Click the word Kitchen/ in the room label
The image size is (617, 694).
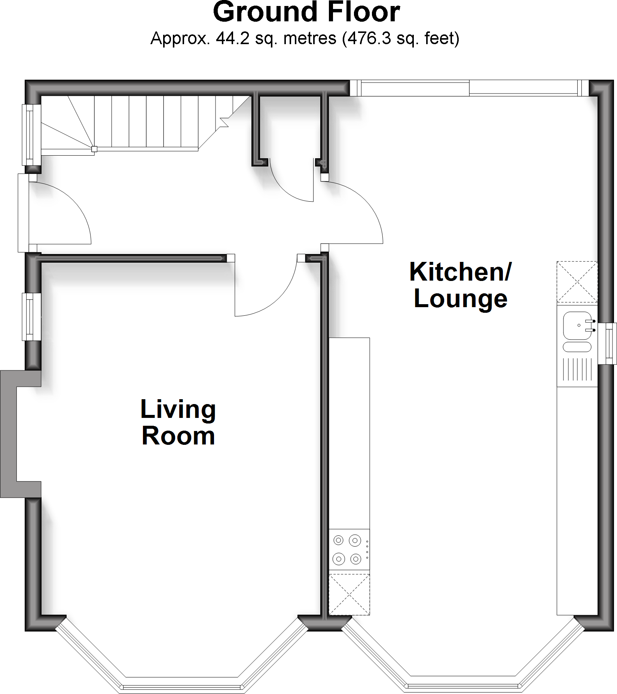[460, 272]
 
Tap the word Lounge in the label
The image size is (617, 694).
[460, 299]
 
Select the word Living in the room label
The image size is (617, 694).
[178, 410]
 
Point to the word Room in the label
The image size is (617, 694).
[178, 436]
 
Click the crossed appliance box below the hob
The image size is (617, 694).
[349, 594]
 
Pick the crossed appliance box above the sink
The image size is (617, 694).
[577, 282]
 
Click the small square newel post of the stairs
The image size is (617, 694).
[94, 149]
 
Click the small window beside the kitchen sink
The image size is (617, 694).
[607, 344]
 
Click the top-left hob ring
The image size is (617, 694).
[339, 540]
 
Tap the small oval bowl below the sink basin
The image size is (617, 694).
[577, 347]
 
